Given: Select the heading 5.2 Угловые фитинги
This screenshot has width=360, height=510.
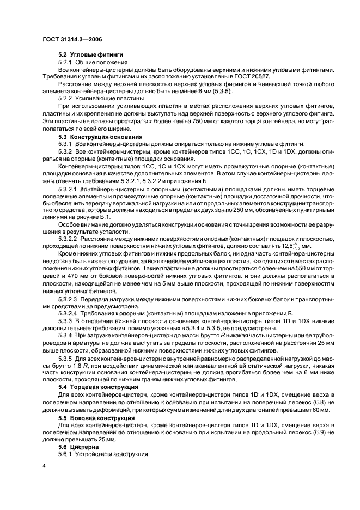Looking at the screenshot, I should [x=86, y=55].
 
